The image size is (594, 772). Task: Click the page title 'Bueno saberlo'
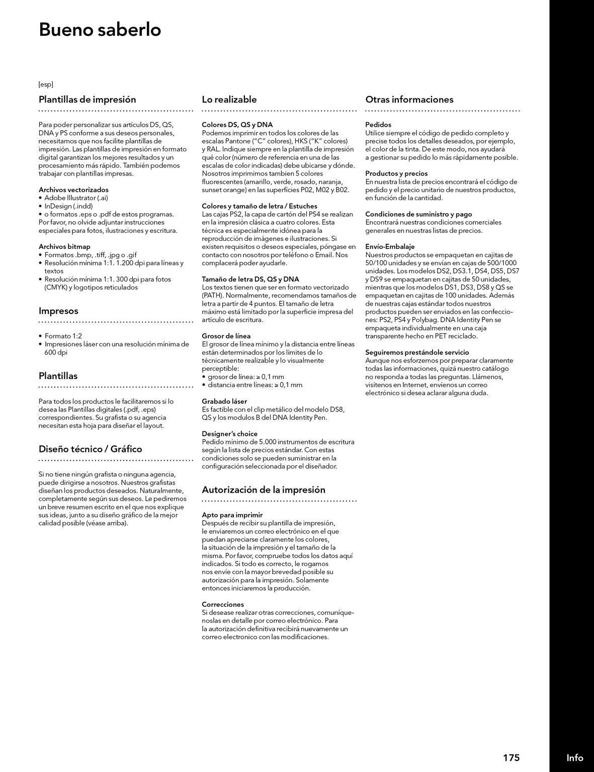[100, 30]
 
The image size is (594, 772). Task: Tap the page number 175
[511, 757]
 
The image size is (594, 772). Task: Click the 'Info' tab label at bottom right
[574, 757]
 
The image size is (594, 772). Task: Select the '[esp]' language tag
[46, 84]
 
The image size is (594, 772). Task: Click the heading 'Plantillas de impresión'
[87, 100]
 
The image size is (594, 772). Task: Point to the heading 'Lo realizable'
[229, 100]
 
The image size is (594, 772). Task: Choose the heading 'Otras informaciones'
[409, 100]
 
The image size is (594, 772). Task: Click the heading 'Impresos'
[58, 311]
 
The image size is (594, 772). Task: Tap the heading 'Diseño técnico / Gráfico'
[90, 449]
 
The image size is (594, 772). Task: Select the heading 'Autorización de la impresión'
[263, 490]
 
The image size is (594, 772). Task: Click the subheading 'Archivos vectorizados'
[73, 190]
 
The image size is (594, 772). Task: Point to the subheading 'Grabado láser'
[224, 402]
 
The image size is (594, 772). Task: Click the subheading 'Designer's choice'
[229, 434]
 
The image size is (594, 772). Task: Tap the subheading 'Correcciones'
[222, 605]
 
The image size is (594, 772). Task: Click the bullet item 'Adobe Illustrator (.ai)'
[76, 198]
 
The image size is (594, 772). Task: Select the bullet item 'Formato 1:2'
[63, 336]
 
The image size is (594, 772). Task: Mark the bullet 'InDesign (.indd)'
[68, 206]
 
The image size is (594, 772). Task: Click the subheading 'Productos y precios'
[396, 173]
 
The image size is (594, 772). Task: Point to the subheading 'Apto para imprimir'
[232, 515]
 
